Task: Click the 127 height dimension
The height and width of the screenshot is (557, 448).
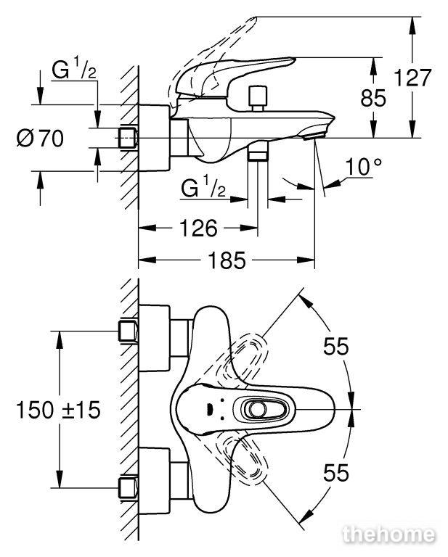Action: click(413, 78)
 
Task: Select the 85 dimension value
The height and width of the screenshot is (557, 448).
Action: click(373, 98)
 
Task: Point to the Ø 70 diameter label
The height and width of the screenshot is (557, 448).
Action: click(40, 138)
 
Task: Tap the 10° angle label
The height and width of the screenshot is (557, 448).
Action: click(363, 166)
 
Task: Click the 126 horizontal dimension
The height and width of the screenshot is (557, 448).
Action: click(198, 228)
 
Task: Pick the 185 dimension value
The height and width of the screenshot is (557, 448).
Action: click(227, 260)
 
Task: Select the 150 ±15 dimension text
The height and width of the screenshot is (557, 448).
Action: click(58, 410)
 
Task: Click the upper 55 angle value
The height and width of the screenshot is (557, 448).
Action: click(336, 346)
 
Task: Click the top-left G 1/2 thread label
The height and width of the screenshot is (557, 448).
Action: click(74, 70)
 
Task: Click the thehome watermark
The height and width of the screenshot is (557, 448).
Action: click(388, 535)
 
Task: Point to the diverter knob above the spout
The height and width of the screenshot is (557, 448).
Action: click(258, 98)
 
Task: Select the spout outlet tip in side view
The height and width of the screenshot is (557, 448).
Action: click(315, 136)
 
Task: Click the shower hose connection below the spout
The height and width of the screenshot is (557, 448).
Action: click(258, 152)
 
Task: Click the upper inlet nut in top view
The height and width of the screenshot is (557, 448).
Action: click(128, 331)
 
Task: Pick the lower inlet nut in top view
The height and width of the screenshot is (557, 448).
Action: click(128, 487)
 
